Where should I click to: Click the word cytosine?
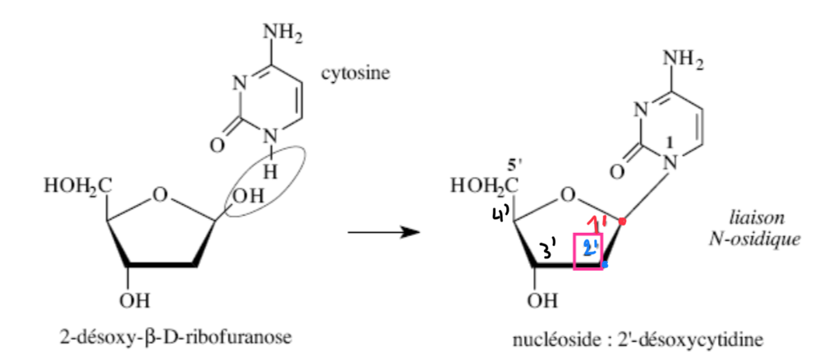[x=354, y=74]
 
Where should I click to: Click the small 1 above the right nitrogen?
[x=670, y=144]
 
